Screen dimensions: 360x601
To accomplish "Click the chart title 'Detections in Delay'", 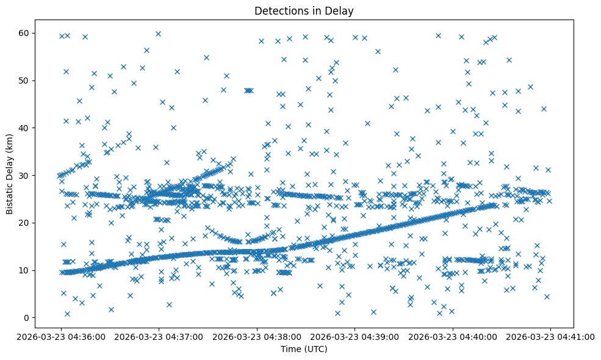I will click(304, 11).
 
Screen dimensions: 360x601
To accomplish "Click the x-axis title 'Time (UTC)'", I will click(304, 350).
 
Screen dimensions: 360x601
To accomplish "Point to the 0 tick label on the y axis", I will click(27, 318).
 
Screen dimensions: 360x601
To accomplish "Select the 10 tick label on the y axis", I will click(24, 270).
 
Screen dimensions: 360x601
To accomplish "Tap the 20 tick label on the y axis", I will click(24, 223).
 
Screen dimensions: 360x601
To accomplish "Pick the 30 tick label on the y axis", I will click(24, 176).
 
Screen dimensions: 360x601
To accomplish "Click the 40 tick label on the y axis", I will click(24, 128).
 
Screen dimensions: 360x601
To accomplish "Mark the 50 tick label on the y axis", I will click(24, 81).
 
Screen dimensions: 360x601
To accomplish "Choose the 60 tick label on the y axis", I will click(24, 33).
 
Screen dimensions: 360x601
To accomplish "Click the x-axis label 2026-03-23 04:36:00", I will click(61, 336).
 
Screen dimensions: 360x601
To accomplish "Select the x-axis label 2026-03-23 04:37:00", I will click(159, 336).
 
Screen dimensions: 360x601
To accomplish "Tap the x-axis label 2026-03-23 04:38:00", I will click(257, 336).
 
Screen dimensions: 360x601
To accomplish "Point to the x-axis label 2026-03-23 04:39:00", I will click(355, 336).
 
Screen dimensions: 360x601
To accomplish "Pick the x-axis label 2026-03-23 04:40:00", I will click(453, 336).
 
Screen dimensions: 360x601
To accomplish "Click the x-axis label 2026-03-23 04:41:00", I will click(551, 336).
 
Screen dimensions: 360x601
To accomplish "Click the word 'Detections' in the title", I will click(278, 11).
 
